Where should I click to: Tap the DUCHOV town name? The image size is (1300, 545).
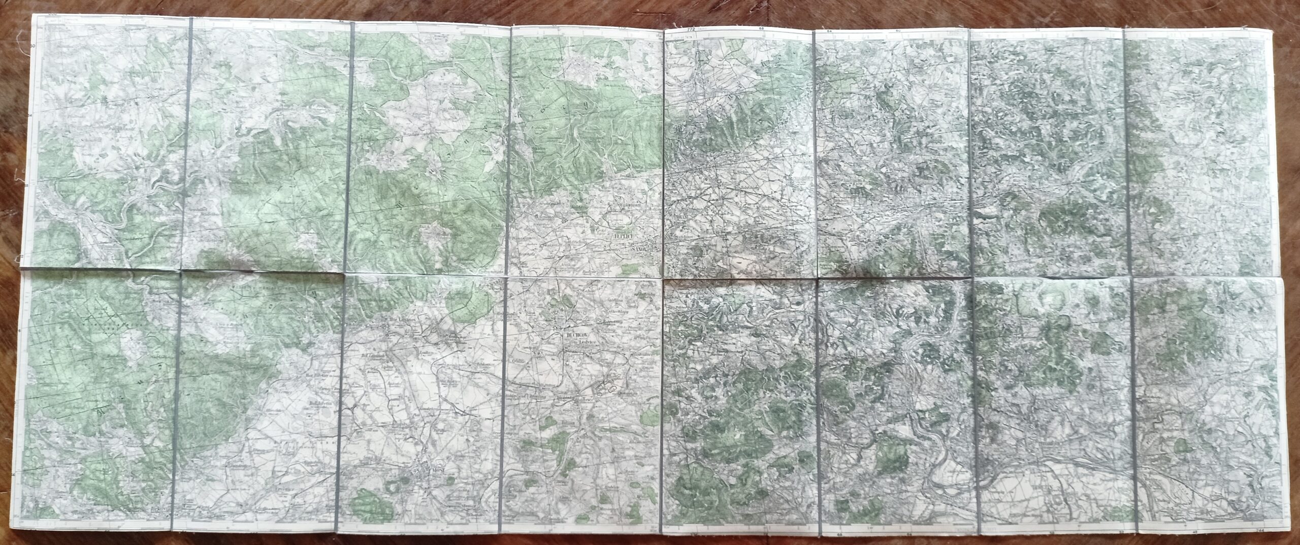(575, 335)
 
